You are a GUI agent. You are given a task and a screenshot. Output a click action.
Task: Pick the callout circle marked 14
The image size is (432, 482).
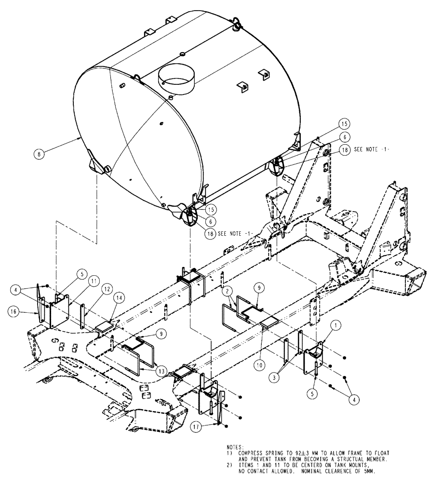(118, 312)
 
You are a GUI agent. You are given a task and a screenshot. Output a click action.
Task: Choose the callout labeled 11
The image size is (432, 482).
(94, 280)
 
